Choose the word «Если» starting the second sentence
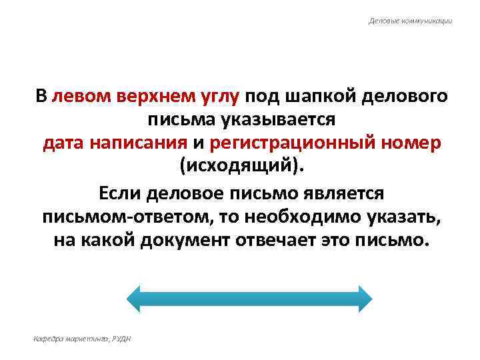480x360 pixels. [122, 193]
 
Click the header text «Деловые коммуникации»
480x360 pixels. [410, 21]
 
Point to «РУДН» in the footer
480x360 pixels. [122, 339]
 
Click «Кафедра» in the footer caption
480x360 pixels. [47, 339]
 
